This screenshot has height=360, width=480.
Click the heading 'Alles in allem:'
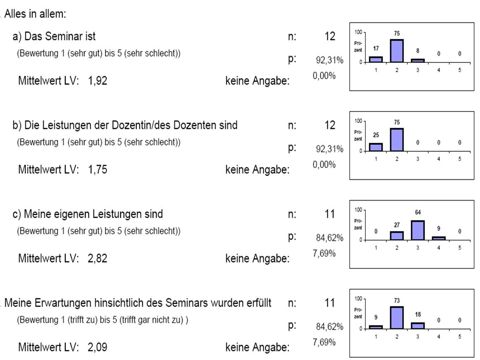tap(35, 14)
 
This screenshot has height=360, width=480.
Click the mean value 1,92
tap(98, 81)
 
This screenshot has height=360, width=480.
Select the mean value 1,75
tap(98, 169)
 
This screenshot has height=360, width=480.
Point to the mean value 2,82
tap(98, 258)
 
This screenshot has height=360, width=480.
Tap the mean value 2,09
tap(98, 347)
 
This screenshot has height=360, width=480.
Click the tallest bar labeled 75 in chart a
tap(397, 51)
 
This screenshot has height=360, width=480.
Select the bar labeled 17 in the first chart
tap(376, 59)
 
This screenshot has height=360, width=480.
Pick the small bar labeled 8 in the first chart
tap(418, 60)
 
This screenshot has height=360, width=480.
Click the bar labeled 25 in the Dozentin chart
tap(376, 147)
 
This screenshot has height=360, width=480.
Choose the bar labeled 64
tap(418, 230)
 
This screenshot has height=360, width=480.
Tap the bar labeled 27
tap(397, 236)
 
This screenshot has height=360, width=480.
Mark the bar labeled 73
tap(397, 318)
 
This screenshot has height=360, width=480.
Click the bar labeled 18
tap(418, 325)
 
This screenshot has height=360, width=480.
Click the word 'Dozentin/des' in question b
tap(159, 125)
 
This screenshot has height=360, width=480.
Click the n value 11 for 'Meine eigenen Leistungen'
tap(329, 214)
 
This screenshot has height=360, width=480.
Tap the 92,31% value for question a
tap(329, 61)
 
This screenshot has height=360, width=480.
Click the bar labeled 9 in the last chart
tap(376, 327)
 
